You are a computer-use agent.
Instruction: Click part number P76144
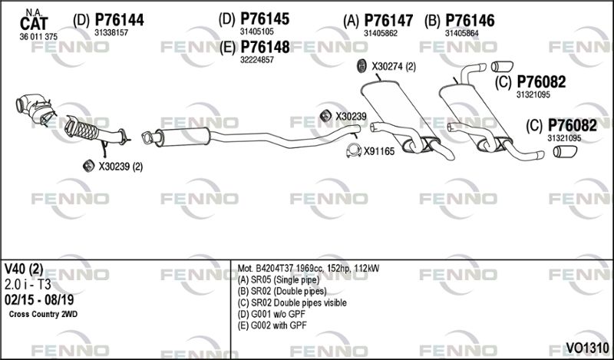point(120,20)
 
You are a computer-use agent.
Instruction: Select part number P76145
point(265,18)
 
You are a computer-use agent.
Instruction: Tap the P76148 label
point(265,47)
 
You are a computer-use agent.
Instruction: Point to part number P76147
point(388,21)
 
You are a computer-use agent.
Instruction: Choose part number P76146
point(470,21)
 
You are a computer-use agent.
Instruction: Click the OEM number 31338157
point(111,33)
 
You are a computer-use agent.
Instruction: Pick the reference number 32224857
point(257,60)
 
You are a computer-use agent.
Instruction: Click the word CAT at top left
point(34,24)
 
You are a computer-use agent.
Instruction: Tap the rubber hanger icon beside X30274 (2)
point(361,66)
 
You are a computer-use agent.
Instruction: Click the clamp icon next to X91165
point(354,150)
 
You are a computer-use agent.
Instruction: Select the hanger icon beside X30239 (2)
point(89,166)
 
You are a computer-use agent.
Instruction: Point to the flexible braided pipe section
point(83,127)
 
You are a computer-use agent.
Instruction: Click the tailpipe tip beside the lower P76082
point(565,151)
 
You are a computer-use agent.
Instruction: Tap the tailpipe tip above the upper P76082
point(502,66)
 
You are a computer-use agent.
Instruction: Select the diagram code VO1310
point(587,348)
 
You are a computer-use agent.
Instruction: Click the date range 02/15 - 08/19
point(39,300)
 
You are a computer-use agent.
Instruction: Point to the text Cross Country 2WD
point(43,314)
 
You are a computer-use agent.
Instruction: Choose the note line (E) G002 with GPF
point(272,325)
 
